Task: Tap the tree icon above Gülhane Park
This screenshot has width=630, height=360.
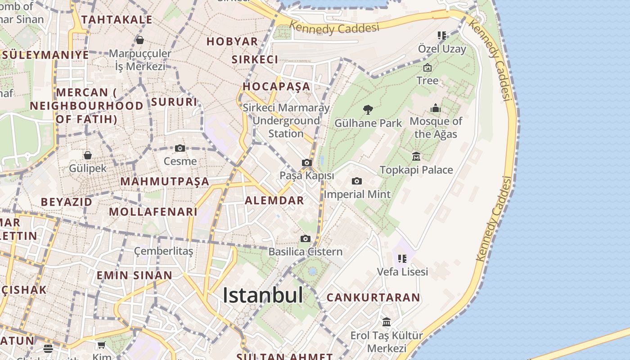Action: (368, 109)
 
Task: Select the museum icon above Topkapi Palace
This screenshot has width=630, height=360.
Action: (416, 157)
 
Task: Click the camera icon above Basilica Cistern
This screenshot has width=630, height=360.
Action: (306, 238)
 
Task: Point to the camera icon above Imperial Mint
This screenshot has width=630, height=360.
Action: (357, 181)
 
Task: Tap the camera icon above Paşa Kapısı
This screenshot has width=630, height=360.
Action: (307, 162)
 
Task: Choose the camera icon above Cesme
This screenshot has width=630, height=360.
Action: (180, 148)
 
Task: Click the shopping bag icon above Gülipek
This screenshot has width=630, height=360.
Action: (88, 155)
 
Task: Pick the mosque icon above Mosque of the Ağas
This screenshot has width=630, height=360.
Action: (436, 108)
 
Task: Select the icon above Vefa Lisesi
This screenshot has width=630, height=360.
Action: (402, 258)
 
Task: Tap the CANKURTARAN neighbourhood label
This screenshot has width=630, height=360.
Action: (373, 297)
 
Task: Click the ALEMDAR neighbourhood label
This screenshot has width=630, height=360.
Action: (274, 201)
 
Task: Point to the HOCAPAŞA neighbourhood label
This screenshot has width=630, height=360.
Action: (277, 86)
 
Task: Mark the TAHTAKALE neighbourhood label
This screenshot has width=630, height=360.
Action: (117, 19)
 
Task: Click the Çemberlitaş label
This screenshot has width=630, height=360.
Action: (164, 251)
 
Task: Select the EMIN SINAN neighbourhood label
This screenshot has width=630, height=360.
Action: (135, 275)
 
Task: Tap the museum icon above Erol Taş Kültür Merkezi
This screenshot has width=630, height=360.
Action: (387, 322)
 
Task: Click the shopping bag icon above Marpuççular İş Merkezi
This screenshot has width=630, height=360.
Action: (140, 40)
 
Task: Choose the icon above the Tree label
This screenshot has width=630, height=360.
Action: (427, 67)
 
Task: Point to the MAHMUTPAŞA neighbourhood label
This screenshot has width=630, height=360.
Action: (165, 181)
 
